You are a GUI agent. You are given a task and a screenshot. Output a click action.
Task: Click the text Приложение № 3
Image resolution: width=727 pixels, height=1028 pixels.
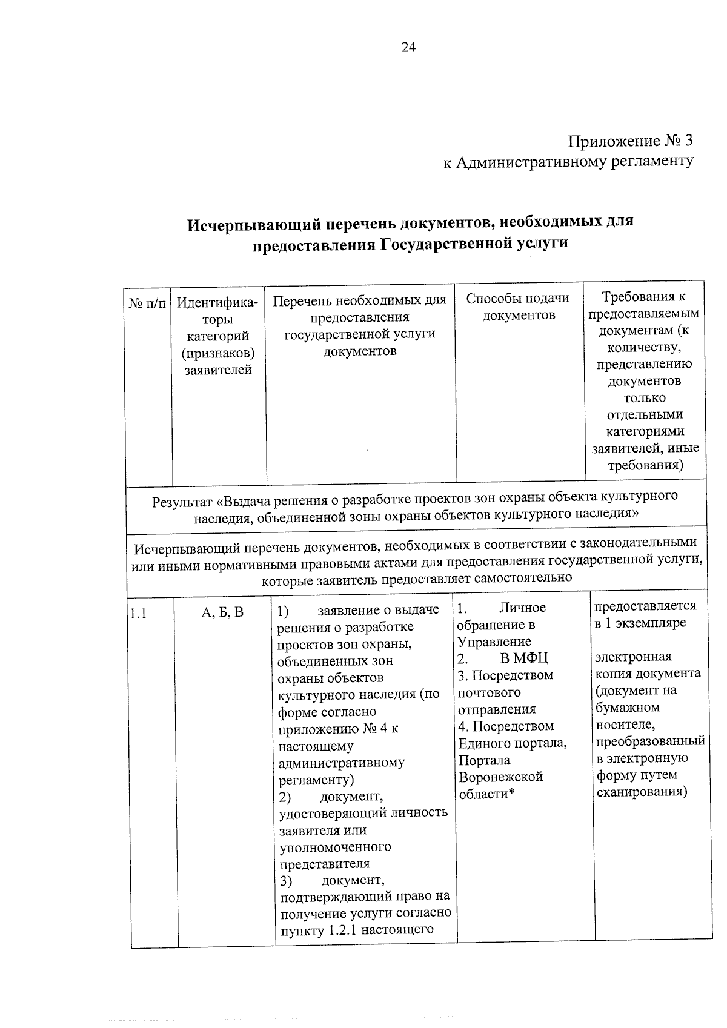629,141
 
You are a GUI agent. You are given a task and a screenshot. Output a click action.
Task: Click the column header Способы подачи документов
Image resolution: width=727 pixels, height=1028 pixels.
518,307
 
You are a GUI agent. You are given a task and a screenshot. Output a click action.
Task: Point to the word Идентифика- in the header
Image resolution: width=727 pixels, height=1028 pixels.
217,302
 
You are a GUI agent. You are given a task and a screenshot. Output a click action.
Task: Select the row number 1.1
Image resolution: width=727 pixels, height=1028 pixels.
138,613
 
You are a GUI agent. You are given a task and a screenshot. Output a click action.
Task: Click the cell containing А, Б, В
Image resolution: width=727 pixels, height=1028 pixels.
222,612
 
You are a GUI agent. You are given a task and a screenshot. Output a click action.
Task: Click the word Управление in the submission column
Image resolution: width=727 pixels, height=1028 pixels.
494,642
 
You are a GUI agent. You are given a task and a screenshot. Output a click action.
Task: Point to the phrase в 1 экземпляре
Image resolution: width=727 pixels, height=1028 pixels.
640,623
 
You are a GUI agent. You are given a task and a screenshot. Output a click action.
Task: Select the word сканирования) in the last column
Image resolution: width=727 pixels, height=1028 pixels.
642,792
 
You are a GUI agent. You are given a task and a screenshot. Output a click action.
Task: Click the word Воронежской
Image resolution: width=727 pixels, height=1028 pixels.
500,777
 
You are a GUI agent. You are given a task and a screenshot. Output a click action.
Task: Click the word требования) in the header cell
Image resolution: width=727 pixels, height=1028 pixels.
645,465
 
